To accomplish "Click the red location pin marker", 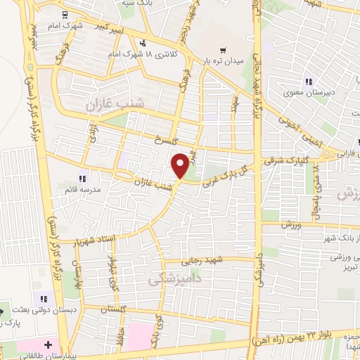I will click(x=180, y=165).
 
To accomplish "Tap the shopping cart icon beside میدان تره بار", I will click(x=223, y=50).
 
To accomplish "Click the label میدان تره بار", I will click(x=223, y=60).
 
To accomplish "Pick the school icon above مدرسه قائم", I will click(x=82, y=179).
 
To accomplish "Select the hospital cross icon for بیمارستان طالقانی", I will click(x=48, y=346).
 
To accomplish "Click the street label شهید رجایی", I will click(x=205, y=260).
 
